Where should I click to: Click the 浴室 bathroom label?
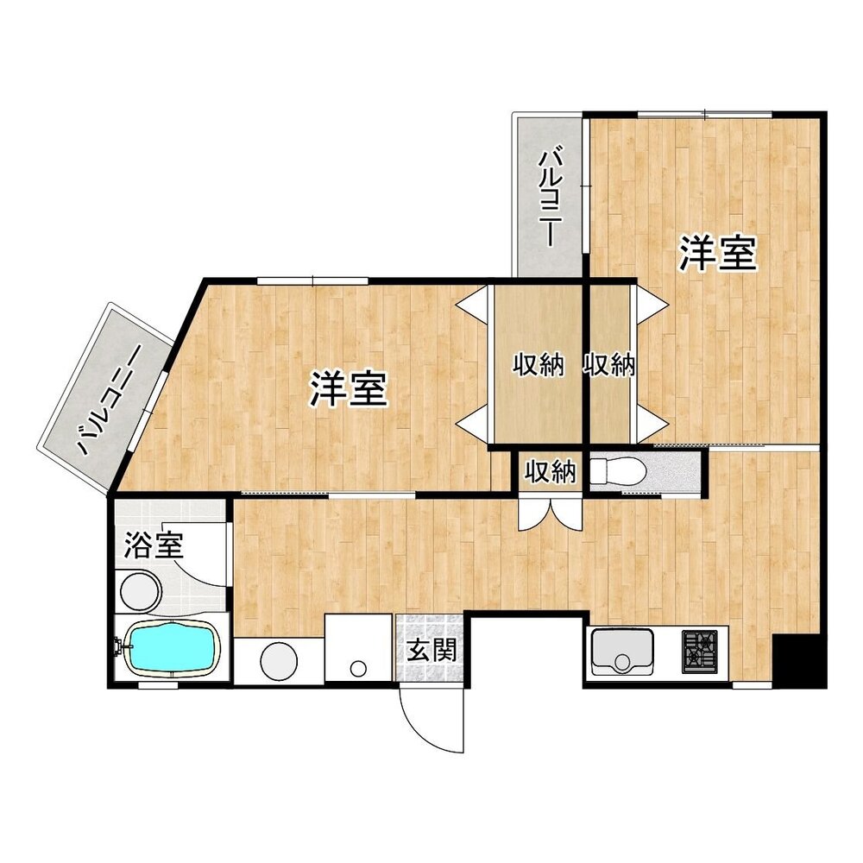coord(154,545)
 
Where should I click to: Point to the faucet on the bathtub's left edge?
coord(118,645)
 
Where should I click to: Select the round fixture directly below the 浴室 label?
coord(140,593)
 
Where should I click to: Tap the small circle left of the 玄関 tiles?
coord(357,666)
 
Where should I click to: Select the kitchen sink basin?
coord(621,652)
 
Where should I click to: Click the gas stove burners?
coord(701,652)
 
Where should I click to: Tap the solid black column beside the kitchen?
coord(798,660)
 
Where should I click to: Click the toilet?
coord(618,471)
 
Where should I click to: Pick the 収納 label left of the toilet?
coord(551,472)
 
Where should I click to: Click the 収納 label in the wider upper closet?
coord(539,366)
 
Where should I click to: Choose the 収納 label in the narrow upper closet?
coord(609,366)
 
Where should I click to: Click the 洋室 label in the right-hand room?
coord(717,253)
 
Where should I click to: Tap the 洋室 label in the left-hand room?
coord(348,390)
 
